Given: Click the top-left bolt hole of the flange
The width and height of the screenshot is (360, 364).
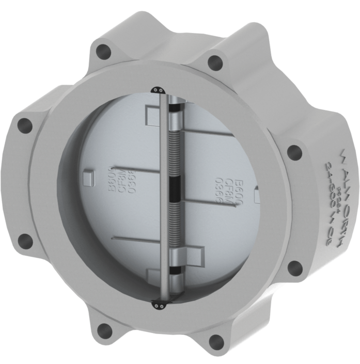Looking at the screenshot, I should (104, 51).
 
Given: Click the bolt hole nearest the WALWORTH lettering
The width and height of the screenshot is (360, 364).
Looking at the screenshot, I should (294, 152).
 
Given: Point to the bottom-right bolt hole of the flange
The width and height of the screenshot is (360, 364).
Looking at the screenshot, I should (294, 267).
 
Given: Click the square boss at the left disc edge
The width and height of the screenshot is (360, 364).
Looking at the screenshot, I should (89, 179).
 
